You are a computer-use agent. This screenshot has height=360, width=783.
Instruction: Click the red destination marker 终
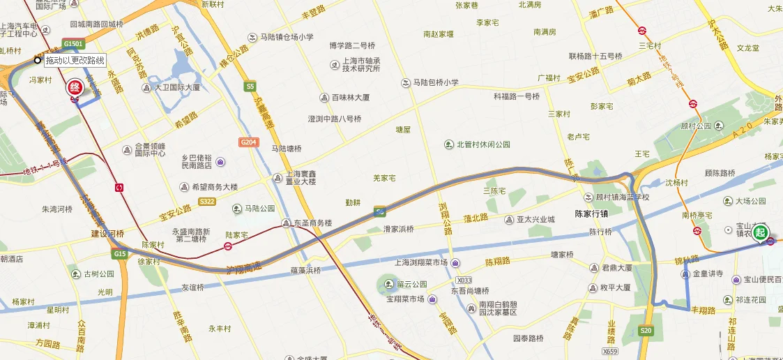74,89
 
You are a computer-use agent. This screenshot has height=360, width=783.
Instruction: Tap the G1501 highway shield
73,43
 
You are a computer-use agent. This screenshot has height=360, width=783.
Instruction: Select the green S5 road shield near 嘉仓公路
250,87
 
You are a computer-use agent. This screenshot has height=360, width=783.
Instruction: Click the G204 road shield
248,142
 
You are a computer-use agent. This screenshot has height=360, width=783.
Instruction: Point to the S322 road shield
206,202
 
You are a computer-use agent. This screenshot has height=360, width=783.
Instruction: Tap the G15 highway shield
119,253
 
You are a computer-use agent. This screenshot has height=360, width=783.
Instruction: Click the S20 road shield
646,331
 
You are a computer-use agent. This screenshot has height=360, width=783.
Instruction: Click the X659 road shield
609,351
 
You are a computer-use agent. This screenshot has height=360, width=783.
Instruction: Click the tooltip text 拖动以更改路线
75,61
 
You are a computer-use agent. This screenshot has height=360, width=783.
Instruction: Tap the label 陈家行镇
592,213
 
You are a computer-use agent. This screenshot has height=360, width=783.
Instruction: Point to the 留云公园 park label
411,285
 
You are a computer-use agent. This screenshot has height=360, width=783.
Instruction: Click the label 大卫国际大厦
177,88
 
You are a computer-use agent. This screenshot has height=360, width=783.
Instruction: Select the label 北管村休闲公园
483,144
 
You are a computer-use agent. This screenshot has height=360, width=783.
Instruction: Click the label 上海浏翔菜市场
421,263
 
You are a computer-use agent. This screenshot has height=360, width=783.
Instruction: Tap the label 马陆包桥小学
436,82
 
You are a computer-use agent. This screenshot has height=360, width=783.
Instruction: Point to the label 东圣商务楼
312,223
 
